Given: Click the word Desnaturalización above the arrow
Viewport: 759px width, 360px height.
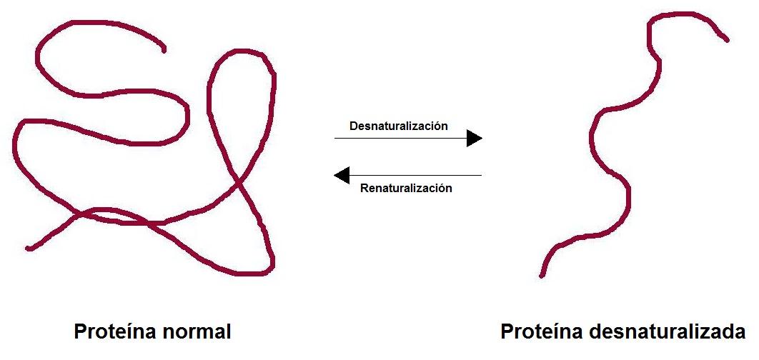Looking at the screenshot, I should (398, 126).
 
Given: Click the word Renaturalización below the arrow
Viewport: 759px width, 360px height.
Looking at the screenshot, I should (406, 189).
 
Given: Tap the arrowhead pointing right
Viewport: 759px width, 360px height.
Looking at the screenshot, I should (474, 139).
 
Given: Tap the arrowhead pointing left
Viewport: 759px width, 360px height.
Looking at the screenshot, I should (342, 174).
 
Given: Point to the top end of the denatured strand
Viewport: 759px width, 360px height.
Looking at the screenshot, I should (726, 39).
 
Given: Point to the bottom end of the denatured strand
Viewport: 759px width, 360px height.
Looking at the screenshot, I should (541, 274).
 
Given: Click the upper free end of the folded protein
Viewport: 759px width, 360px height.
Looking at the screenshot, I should (164, 50).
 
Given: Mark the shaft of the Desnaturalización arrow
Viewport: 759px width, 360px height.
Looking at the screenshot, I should (400, 139).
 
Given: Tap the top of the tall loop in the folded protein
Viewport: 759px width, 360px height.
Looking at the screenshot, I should (243, 52).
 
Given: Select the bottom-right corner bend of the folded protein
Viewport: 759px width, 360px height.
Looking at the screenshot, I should (270, 269).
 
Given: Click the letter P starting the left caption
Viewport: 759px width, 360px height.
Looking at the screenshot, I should (81, 332).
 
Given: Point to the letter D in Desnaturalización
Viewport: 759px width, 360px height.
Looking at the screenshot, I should (353, 126).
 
